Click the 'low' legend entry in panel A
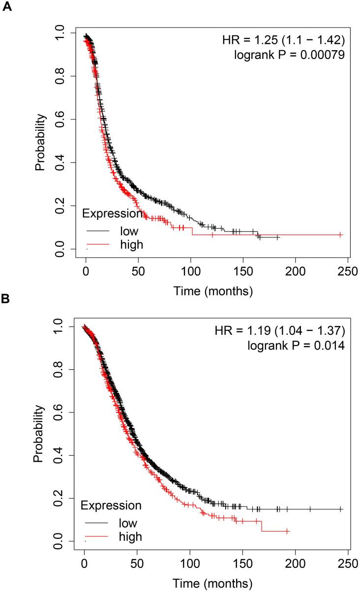coord(129,231)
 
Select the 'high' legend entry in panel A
coord(131,244)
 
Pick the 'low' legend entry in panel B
coord(128,523)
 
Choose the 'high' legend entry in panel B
coord(130,536)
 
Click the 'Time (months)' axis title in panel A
coord(213,291)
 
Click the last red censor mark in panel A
coord(341,235)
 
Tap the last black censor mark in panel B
coord(341,509)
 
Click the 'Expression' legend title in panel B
coord(111,505)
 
